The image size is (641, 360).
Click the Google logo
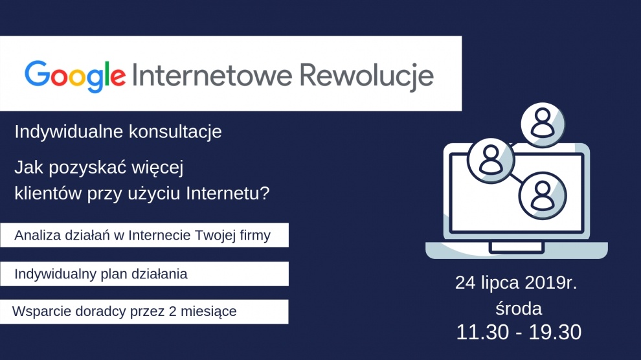[x=75, y=76]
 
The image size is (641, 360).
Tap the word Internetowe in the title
[x=212, y=75]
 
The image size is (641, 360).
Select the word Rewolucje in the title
[x=366, y=76]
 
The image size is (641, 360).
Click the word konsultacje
[x=175, y=131]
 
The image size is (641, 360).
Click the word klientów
[x=49, y=193]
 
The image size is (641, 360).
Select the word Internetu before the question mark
[x=223, y=193]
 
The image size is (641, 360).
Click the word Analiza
[x=37, y=236]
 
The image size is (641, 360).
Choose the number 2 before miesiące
[x=172, y=311]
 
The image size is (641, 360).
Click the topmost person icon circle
[x=543, y=124]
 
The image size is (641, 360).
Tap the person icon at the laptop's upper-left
[x=491, y=160]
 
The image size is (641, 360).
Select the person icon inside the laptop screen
[x=543, y=196]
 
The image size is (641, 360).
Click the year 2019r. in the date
[x=551, y=283]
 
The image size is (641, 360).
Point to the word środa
[x=519, y=308]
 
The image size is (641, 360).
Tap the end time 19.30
[x=555, y=332]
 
